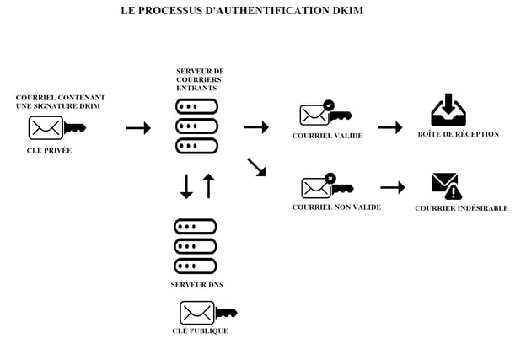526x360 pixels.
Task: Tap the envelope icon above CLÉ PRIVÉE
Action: point(46,127)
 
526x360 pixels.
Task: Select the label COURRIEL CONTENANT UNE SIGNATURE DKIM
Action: point(60,102)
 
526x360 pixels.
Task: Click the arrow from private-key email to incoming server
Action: point(138,128)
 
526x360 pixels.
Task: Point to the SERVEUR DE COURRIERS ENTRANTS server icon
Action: point(196,126)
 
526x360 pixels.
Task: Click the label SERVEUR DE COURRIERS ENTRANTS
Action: point(200,79)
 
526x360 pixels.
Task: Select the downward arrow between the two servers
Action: point(187,186)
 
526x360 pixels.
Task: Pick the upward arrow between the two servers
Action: point(208,186)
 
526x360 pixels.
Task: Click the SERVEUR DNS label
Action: point(196,285)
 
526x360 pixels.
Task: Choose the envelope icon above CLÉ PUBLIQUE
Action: point(197,313)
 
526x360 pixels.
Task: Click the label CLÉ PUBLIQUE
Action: point(200,331)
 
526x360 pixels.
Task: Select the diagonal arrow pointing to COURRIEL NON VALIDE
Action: point(256,167)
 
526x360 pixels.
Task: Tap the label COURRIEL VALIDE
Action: point(326,136)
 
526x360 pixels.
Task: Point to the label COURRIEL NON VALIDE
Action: point(336,207)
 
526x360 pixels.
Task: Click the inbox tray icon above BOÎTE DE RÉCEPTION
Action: point(448,110)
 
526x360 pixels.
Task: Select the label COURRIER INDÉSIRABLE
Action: point(461,208)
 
